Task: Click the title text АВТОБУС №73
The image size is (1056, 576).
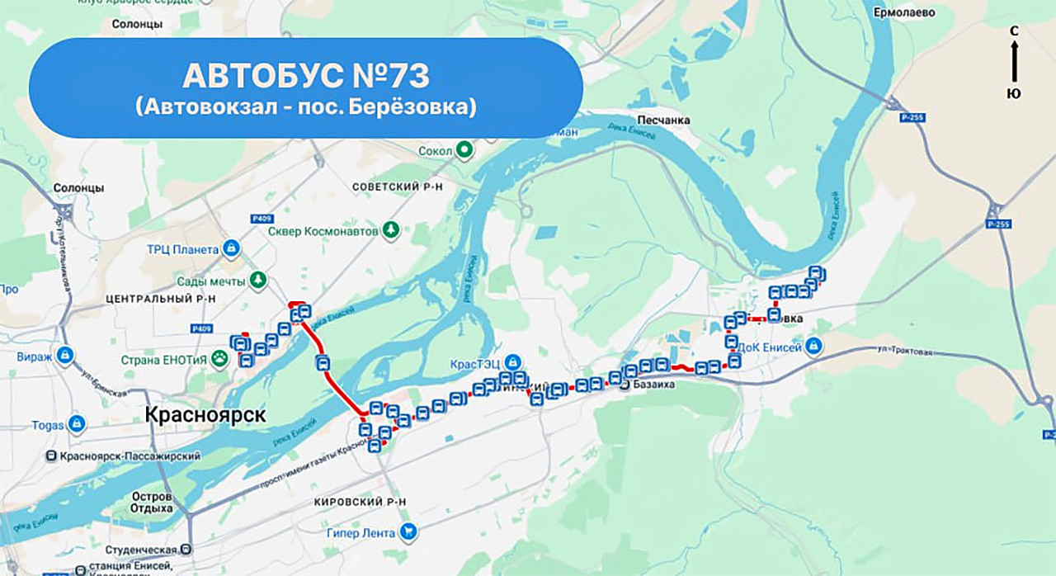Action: click(x=305, y=76)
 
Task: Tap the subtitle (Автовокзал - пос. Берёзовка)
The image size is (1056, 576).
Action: click(x=305, y=107)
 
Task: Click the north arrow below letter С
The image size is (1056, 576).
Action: click(x=1014, y=63)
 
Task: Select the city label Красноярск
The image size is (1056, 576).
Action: click(x=205, y=415)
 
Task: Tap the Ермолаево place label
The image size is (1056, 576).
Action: click(x=903, y=13)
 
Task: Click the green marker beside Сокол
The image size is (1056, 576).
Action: click(x=464, y=150)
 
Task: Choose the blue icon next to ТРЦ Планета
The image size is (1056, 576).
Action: click(x=233, y=248)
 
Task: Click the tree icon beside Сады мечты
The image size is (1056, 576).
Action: click(x=259, y=281)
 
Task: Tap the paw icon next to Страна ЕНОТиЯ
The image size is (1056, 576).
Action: click(x=220, y=358)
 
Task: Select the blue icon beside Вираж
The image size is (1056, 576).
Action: click(x=65, y=356)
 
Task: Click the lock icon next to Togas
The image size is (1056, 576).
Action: click(x=77, y=425)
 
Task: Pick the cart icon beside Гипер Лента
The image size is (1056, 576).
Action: click(x=408, y=532)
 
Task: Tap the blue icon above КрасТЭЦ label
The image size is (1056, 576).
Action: click(x=512, y=361)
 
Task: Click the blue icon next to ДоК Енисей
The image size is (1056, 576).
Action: click(x=814, y=345)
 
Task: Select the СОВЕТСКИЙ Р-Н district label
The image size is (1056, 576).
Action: click(x=398, y=187)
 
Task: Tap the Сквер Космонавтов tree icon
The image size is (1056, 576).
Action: click(x=390, y=230)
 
